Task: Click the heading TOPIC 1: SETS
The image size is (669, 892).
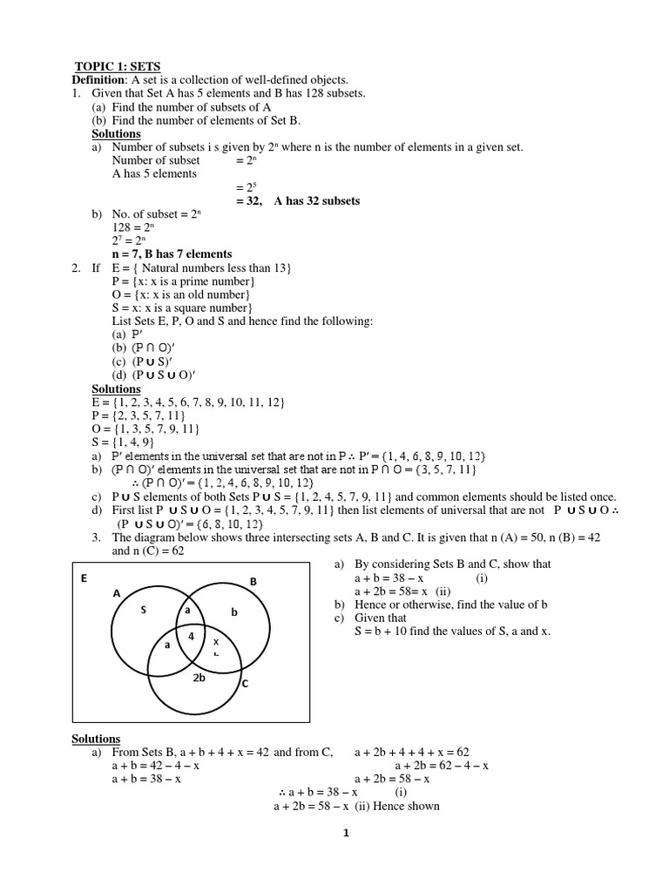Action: [117, 66]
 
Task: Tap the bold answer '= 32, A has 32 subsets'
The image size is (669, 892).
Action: [297, 200]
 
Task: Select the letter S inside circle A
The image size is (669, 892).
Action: [145, 611]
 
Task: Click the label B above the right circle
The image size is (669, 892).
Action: [253, 581]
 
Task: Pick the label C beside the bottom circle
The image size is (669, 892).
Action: [245, 685]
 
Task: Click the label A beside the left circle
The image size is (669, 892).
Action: [115, 592]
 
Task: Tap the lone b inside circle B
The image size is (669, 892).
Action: [233, 612]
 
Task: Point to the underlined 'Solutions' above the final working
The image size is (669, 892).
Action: [96, 739]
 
